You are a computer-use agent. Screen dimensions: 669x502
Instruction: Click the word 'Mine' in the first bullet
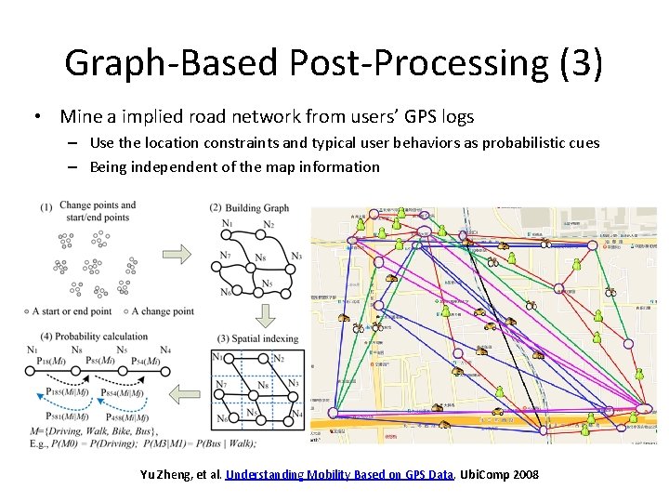coord(81,117)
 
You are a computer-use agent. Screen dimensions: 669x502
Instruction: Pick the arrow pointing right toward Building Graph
coord(177,253)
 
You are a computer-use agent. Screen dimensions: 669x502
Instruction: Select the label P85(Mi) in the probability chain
coord(100,361)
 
